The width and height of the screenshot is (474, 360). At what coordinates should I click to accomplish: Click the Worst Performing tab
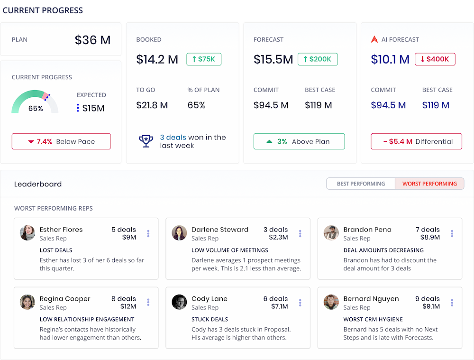click(x=429, y=184)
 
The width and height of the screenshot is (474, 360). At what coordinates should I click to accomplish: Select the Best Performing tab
click(x=361, y=184)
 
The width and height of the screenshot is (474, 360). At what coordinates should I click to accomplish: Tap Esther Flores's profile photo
click(x=27, y=233)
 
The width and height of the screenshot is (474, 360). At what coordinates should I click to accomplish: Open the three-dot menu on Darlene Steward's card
click(x=300, y=233)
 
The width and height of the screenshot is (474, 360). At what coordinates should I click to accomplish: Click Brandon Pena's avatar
click(x=331, y=233)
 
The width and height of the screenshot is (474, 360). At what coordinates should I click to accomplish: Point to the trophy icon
click(x=146, y=141)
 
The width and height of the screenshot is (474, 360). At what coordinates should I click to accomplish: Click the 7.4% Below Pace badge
click(x=61, y=141)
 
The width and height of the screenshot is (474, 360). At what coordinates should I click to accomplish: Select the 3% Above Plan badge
click(x=299, y=141)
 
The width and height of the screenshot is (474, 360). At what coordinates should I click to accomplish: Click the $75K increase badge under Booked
click(x=204, y=59)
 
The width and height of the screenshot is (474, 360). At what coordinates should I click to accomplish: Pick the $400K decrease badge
click(x=435, y=59)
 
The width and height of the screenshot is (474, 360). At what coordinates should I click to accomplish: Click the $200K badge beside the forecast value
click(x=318, y=59)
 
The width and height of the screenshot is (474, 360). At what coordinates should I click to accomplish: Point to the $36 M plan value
click(x=92, y=40)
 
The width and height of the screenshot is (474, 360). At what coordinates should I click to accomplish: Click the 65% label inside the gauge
click(x=36, y=109)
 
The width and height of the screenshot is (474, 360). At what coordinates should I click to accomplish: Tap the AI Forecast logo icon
click(x=374, y=39)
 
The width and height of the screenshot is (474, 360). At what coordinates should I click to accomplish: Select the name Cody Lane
click(x=210, y=299)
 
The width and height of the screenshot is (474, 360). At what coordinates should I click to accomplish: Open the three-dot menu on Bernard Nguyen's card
click(x=452, y=303)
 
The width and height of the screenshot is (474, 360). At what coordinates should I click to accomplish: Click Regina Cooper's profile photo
click(x=27, y=302)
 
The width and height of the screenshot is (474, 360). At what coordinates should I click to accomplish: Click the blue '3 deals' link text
click(x=173, y=137)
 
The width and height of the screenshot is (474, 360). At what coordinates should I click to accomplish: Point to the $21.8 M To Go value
click(x=152, y=105)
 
